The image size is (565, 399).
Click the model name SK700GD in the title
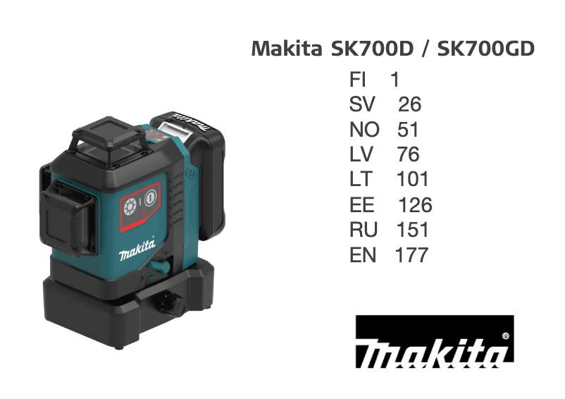(x=486, y=49)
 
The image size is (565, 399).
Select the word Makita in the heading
(x=286, y=49)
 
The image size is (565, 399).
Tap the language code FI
(x=358, y=80)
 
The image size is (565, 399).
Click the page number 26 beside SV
(x=409, y=105)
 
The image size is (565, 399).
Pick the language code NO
(x=364, y=130)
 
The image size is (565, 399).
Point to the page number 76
(x=408, y=155)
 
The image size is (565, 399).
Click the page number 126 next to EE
(x=415, y=205)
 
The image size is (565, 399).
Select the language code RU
(x=364, y=230)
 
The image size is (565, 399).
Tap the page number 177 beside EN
(x=411, y=255)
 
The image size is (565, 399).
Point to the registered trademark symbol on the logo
(x=506, y=336)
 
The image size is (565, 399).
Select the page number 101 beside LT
(x=413, y=180)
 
